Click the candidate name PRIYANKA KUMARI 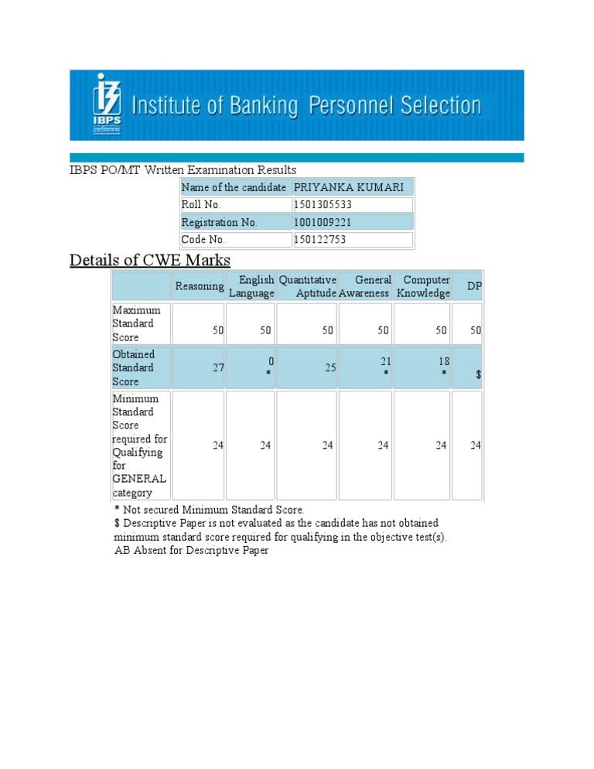coord(348,188)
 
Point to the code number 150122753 coord(320,240)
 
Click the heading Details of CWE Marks coord(150,260)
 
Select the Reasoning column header coord(199,286)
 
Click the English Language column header coord(252,286)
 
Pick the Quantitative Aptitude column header coord(308,286)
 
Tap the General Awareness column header coord(364,286)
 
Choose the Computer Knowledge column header coord(424,286)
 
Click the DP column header coord(474,287)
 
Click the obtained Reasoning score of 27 coord(217,368)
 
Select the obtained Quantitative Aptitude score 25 coord(329,368)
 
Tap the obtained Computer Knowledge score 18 coord(443,361)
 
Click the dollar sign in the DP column coord(479,374)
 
